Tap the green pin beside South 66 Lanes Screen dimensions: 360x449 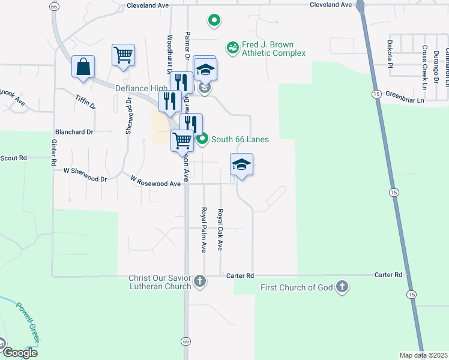pyautogui.click(x=202, y=139)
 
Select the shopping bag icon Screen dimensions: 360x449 pyautogui.click(x=83, y=67)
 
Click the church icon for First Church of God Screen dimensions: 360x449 pyautogui.click(x=342, y=286)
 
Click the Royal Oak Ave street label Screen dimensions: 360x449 pyautogui.click(x=220, y=229)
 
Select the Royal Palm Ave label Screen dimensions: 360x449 pyautogui.click(x=203, y=229)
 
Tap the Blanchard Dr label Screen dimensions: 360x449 pyautogui.click(x=74, y=132)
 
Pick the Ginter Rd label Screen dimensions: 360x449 pyautogui.click(x=53, y=152)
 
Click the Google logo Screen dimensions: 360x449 pyautogui.click(x=19, y=352)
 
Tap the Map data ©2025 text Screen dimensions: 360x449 pyautogui.click(x=423, y=356)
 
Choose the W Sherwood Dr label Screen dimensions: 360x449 pyautogui.click(x=85, y=179)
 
